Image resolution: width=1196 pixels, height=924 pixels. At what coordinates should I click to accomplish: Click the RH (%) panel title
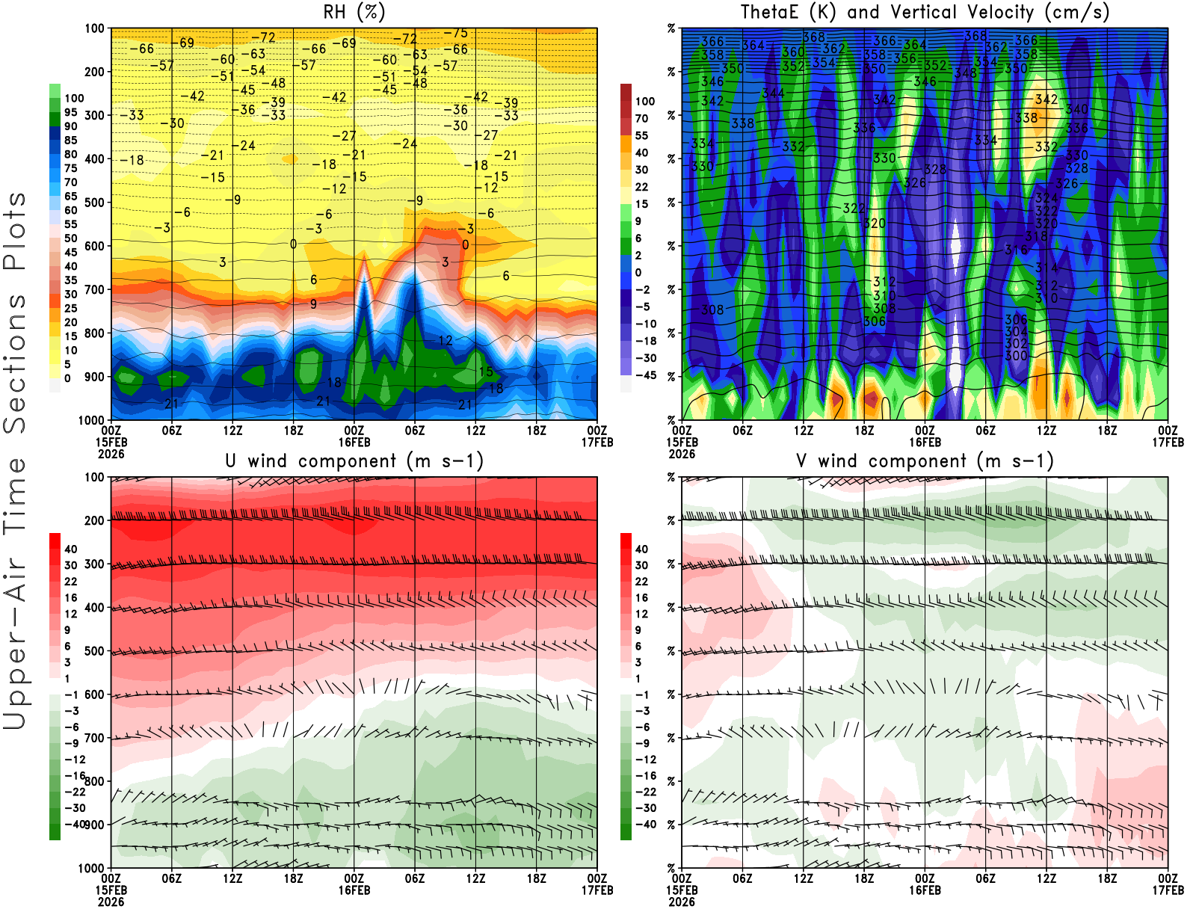354,12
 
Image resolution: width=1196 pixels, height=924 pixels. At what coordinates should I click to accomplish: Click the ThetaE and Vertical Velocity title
925,12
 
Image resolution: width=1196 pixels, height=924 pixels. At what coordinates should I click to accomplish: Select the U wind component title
354,461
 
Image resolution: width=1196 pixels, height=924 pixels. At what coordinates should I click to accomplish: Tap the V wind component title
925,461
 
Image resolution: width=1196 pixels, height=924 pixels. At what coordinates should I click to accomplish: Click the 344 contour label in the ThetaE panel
773,93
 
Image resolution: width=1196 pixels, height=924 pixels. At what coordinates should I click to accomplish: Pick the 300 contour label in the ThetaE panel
1016,356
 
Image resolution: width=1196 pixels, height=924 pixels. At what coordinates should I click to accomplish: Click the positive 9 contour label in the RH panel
313,304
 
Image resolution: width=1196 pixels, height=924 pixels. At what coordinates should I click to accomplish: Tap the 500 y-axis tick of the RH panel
94,203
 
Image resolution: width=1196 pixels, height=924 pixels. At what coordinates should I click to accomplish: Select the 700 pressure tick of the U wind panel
94,738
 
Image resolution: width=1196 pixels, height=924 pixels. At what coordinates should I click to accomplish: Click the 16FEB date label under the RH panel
354,442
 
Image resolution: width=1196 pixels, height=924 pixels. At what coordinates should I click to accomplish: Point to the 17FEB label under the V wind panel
1168,890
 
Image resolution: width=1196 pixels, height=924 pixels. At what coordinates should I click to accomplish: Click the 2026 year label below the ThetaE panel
682,454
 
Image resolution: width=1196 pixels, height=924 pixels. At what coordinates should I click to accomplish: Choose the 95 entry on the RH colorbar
70,113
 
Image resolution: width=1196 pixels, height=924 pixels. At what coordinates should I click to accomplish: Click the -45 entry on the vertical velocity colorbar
646,375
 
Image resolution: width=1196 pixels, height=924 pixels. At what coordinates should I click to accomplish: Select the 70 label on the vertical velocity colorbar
641,118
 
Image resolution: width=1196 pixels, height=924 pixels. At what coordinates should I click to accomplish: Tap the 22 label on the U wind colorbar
70,582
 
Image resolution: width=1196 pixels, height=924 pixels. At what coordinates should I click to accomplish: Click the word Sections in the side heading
15,363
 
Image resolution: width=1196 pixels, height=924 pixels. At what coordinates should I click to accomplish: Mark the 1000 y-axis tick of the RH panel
91,420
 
